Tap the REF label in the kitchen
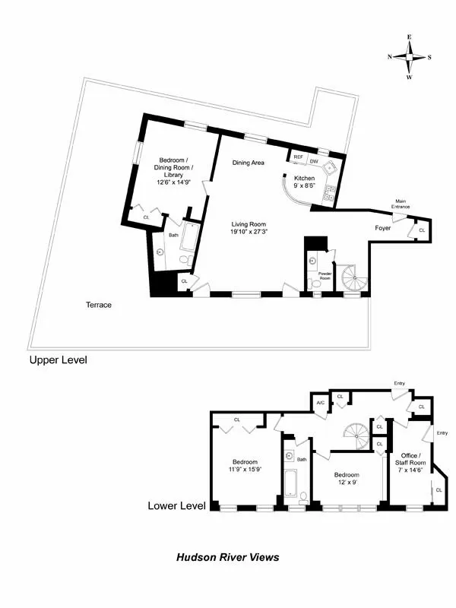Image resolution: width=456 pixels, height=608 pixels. click(x=298, y=157)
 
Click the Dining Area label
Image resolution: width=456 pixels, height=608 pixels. click(x=248, y=163)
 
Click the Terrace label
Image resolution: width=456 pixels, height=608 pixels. click(x=99, y=305)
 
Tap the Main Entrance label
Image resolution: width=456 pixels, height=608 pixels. click(x=401, y=204)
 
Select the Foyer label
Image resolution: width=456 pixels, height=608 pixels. click(x=383, y=228)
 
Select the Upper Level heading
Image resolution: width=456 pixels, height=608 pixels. click(x=58, y=359)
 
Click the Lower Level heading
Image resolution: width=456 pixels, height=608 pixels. click(x=176, y=505)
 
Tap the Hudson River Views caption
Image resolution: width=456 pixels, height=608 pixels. click(x=228, y=557)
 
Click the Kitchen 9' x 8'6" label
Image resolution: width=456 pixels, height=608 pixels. click(x=305, y=181)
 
